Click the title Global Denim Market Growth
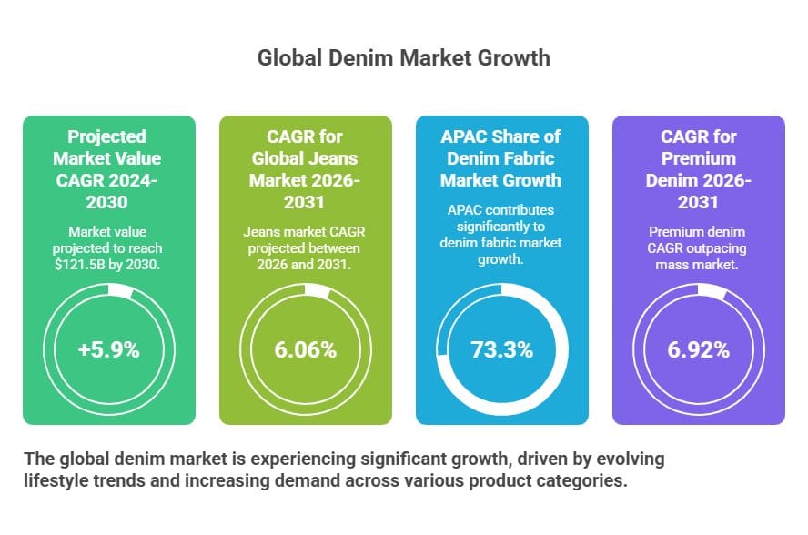coord(403,58)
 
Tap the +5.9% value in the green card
coord(108,348)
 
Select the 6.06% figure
coord(305,348)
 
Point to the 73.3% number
coord(501,348)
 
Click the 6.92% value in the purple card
coord(698,348)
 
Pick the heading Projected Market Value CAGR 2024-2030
coord(108,168)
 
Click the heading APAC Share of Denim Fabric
coord(501,157)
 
